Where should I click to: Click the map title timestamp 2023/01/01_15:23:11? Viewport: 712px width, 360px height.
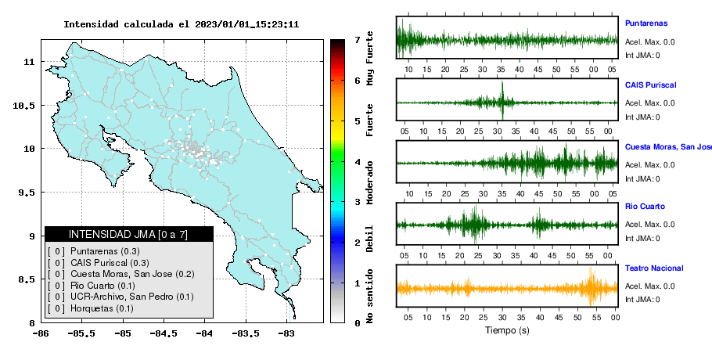click(x=246, y=24)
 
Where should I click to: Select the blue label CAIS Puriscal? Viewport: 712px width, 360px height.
click(x=650, y=85)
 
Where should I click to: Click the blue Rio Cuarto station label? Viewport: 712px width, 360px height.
click(x=645, y=206)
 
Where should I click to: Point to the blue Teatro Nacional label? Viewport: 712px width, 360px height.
click(x=654, y=268)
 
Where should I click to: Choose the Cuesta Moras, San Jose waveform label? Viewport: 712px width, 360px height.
click(x=668, y=146)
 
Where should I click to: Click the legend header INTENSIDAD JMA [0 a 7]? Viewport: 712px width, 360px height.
click(x=128, y=234)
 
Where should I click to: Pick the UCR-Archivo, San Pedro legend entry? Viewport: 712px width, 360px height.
click(x=131, y=297)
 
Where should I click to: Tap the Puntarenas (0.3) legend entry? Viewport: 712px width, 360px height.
click(x=105, y=251)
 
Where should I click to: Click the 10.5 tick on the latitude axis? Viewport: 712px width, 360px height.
click(x=23, y=106)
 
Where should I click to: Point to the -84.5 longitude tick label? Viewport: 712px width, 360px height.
click(x=164, y=334)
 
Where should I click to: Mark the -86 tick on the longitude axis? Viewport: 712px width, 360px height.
click(x=41, y=334)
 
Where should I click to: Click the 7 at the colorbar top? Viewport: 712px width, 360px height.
click(x=358, y=40)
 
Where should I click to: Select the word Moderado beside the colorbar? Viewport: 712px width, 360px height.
click(x=369, y=182)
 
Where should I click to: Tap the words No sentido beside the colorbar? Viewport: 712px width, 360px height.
click(x=369, y=296)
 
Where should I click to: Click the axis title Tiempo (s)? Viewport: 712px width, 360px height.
click(x=507, y=330)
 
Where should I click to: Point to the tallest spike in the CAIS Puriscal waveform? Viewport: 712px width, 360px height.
click(x=502, y=100)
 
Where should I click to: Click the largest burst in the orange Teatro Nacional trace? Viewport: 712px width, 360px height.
click(x=592, y=286)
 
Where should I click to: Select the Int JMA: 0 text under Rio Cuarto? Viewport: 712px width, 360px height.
click(x=642, y=239)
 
